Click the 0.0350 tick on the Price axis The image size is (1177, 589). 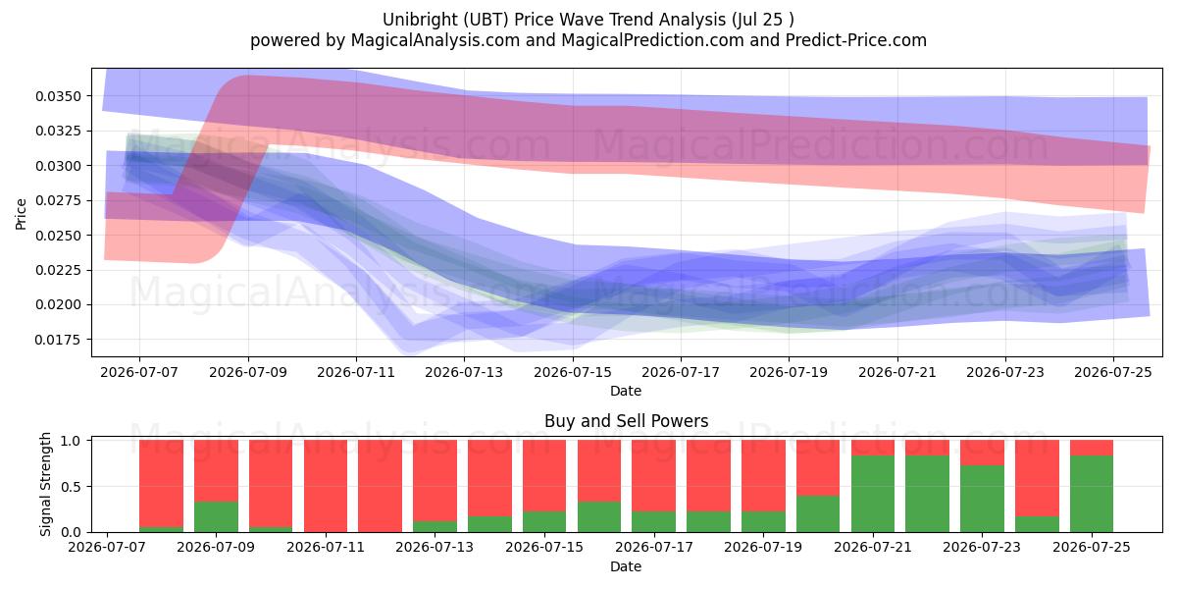point(58,96)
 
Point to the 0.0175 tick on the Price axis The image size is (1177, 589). point(58,340)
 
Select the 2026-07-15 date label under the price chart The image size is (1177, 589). point(573,372)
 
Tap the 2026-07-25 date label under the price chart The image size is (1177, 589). point(1113,372)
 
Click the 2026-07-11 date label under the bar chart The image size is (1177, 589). point(326,547)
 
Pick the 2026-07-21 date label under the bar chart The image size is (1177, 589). point(873,547)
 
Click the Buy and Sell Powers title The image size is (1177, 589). point(627,421)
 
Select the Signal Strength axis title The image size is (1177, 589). point(46,484)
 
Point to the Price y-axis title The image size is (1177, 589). point(21,214)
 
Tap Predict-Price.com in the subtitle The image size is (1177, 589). point(856,40)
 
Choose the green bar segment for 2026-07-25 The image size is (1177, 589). point(1092,494)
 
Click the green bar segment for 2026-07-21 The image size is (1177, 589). point(873,494)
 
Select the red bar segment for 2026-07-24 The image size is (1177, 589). point(1037,479)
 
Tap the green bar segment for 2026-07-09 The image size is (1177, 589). point(216,517)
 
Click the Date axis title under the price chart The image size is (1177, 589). point(626,391)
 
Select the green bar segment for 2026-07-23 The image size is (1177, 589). point(982,499)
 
